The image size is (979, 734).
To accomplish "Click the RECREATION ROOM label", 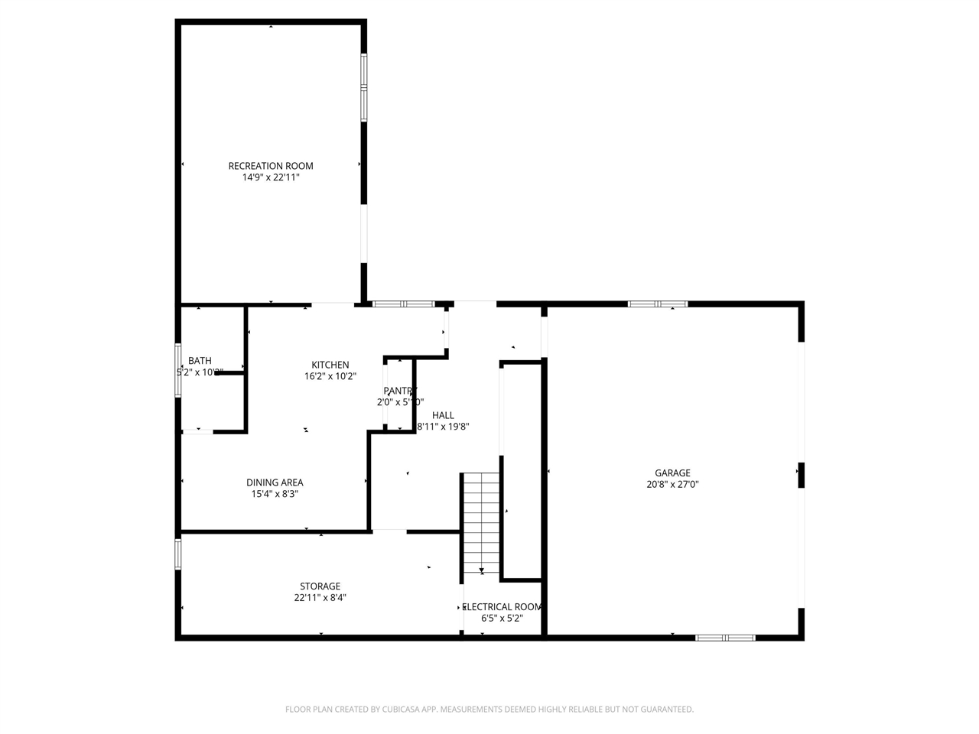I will (x=271, y=166).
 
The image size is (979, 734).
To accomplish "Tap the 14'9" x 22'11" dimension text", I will (x=271, y=177).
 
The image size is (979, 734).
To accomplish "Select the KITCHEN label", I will (x=330, y=365).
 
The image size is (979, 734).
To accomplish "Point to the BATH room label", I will (x=200, y=361).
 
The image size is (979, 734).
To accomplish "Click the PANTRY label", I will (x=400, y=391).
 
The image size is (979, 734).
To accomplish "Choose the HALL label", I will (x=443, y=415).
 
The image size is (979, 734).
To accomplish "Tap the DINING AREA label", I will (x=275, y=482).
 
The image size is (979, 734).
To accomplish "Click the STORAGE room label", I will (x=320, y=586).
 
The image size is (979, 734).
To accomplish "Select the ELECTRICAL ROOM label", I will (x=503, y=607).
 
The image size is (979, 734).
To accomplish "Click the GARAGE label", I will (x=672, y=473).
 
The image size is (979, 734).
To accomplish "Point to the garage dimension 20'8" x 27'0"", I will (x=672, y=484).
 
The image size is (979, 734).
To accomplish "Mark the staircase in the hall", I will (x=481, y=523).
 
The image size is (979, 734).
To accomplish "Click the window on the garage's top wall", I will (x=657, y=304).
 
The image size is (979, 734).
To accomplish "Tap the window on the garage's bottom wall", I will (x=725, y=637).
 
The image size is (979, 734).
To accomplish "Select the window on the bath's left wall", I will (x=178, y=371).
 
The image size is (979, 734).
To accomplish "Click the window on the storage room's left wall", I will (x=178, y=554).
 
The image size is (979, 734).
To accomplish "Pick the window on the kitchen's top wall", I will (x=404, y=304).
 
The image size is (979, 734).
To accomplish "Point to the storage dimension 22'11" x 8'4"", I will (x=320, y=598).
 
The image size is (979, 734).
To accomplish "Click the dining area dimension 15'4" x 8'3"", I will (x=275, y=494).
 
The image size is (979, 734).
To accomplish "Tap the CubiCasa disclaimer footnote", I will (x=489, y=710).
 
